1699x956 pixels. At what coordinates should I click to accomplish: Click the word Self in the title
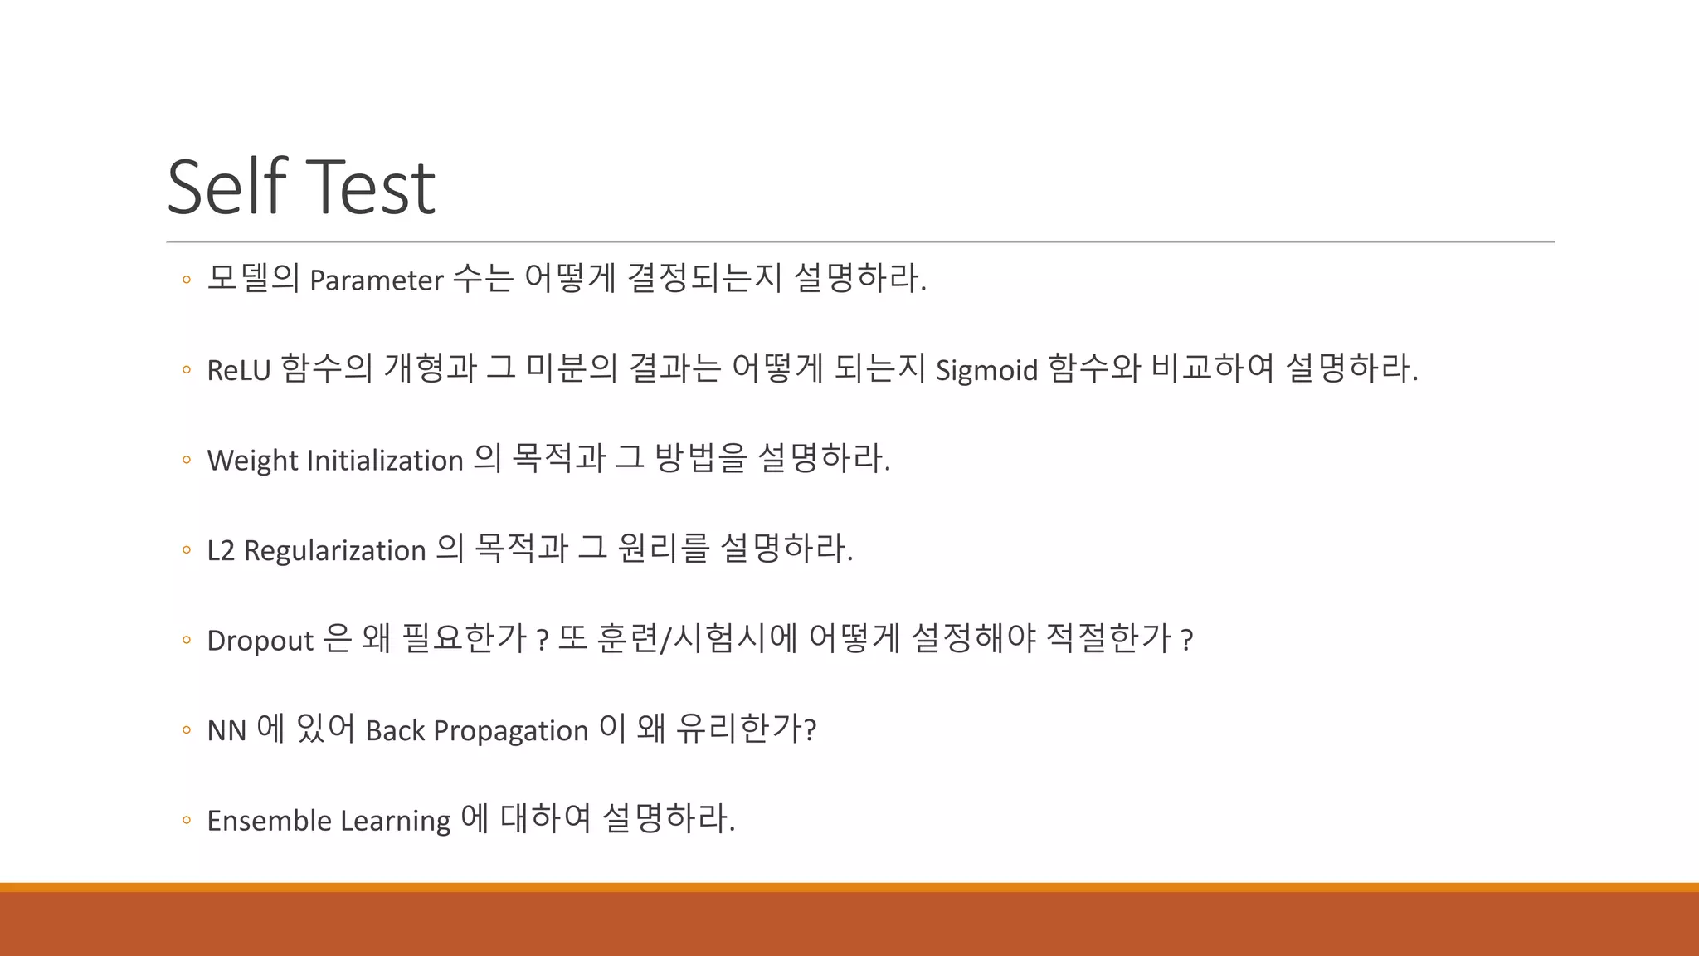(226, 187)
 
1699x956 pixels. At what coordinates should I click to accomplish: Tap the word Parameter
(376, 280)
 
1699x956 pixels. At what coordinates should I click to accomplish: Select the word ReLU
(238, 370)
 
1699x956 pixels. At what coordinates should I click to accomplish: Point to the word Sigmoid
(986, 370)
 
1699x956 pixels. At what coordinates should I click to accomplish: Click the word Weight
(252, 461)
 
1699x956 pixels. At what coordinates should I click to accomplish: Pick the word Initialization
(385, 461)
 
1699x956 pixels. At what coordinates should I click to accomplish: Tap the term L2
(221, 550)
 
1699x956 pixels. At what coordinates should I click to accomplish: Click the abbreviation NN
(226, 731)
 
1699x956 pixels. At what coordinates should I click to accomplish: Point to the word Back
(395, 731)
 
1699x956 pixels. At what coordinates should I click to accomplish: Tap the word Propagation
(510, 731)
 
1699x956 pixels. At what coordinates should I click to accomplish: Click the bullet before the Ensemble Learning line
(186, 821)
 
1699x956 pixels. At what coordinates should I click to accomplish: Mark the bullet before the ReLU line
(186, 370)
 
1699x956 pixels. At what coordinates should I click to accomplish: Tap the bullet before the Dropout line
(186, 641)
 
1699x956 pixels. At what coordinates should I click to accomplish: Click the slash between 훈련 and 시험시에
(663, 640)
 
